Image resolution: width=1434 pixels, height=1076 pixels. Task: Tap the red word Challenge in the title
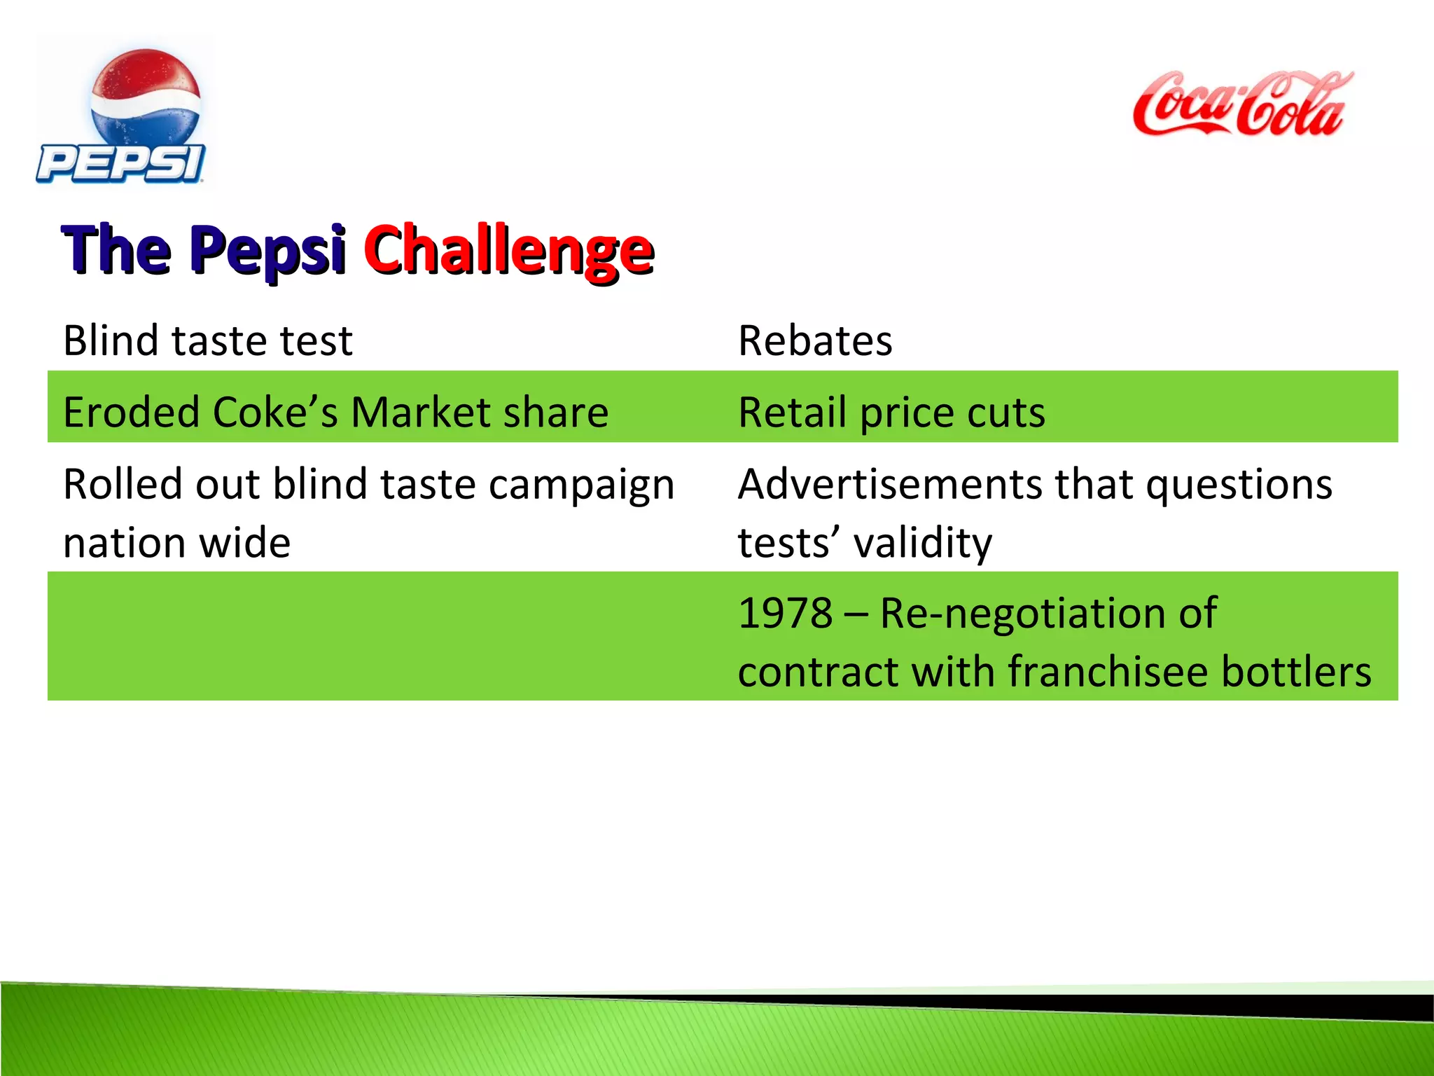click(x=508, y=251)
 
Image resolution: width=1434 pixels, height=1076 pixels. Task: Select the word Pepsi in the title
click(x=267, y=251)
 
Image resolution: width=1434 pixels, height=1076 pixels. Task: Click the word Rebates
click(x=815, y=341)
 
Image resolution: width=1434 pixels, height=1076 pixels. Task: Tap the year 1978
click(x=785, y=614)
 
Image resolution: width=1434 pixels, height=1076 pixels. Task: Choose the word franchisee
click(x=1108, y=672)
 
